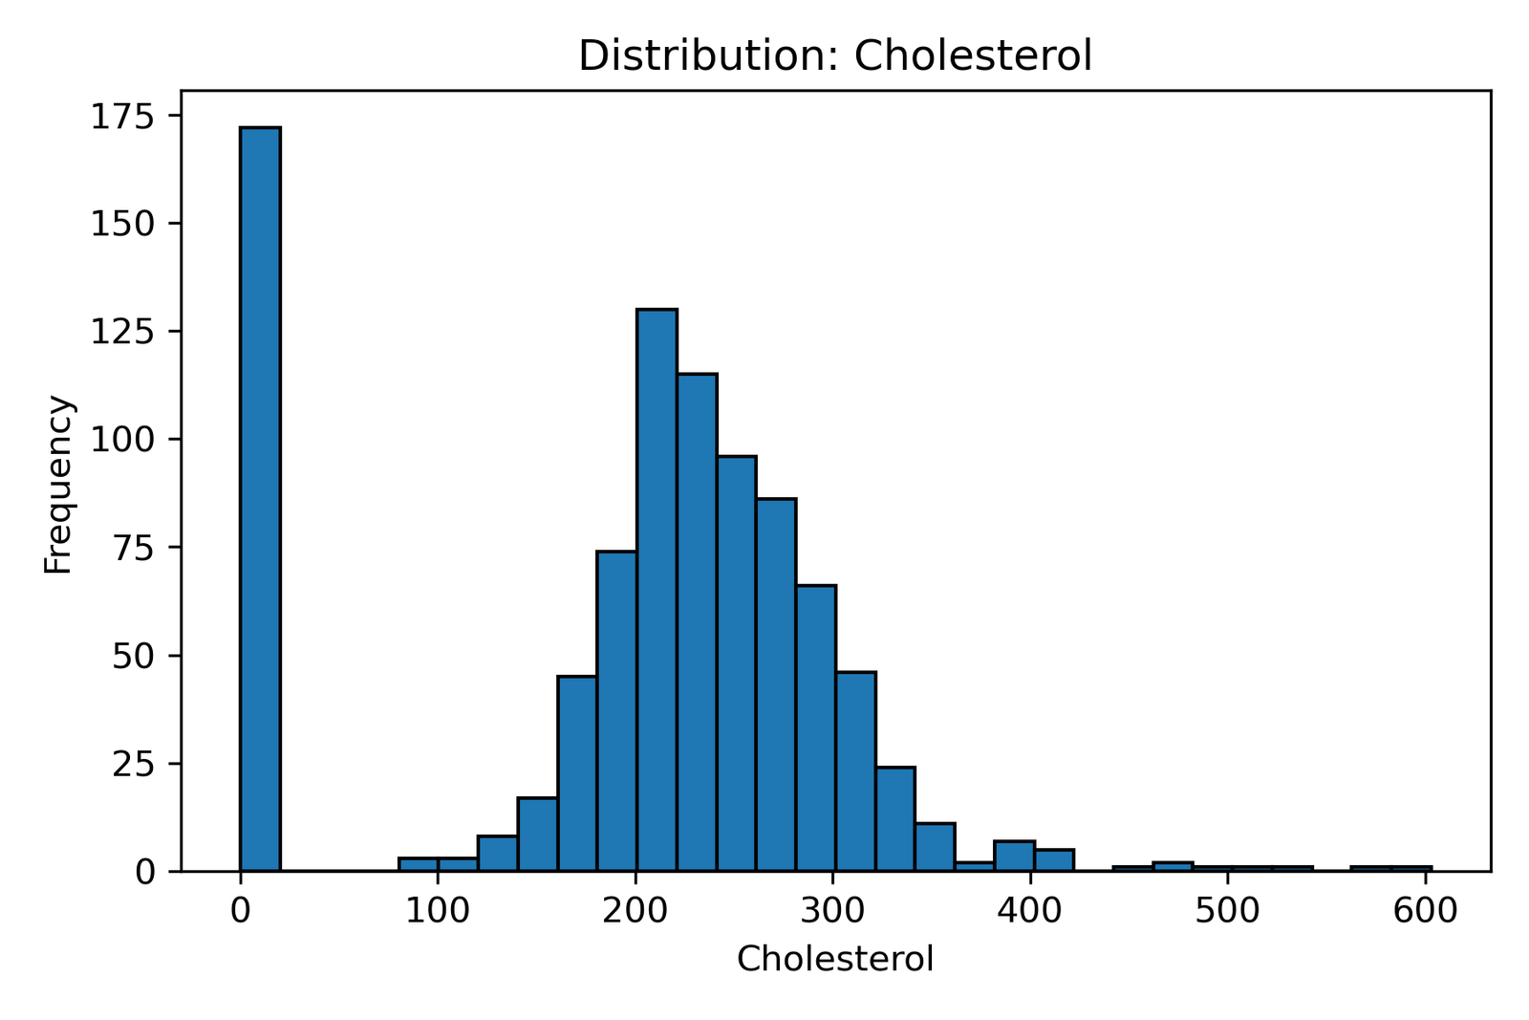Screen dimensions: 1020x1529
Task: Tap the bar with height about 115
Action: pos(697,622)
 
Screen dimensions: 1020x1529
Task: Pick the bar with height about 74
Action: pos(617,711)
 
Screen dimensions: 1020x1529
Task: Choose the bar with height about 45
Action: pos(577,773)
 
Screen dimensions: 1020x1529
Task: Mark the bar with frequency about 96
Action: pos(737,663)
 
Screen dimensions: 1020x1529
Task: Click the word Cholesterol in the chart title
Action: pos(972,55)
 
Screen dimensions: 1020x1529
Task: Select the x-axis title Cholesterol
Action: pos(834,959)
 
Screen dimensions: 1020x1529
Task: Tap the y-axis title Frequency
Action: pos(58,485)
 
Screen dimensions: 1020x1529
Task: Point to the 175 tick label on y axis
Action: pos(122,116)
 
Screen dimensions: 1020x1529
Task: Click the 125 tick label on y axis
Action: pos(122,332)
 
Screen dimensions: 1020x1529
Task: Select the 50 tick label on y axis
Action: pos(133,656)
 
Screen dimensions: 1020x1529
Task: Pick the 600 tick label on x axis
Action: pos(1425,911)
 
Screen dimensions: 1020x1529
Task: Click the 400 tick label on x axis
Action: pos(1030,911)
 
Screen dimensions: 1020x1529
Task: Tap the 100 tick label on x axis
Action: pos(438,911)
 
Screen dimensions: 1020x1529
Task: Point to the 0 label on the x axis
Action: pos(240,911)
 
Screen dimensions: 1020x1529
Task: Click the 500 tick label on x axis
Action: pos(1227,911)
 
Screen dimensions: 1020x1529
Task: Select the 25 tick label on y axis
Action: pos(133,764)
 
